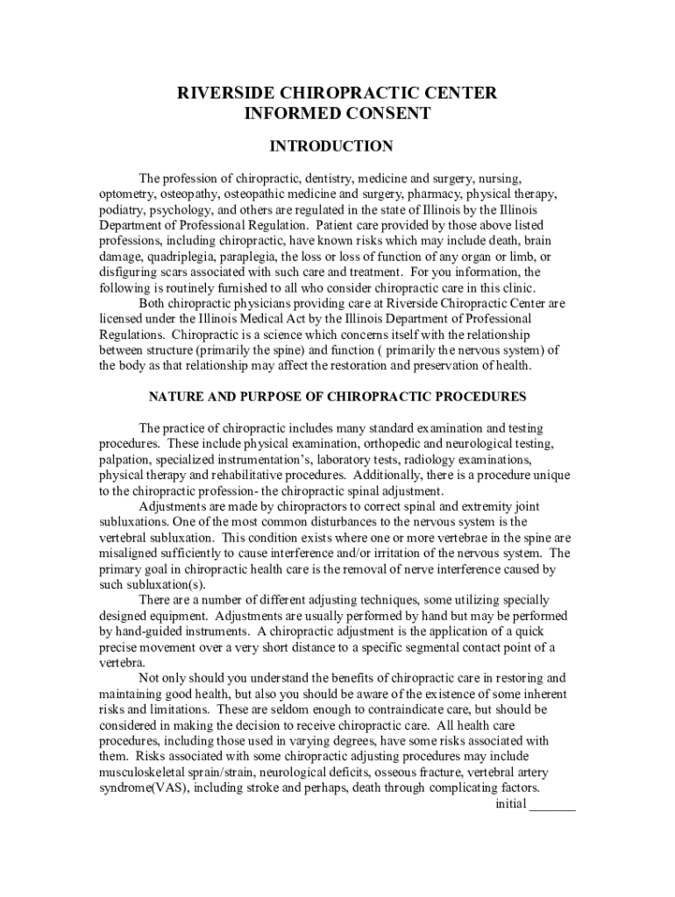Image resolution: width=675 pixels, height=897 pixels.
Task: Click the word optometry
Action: pos(125,194)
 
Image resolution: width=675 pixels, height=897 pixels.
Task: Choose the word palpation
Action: pos(124,459)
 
